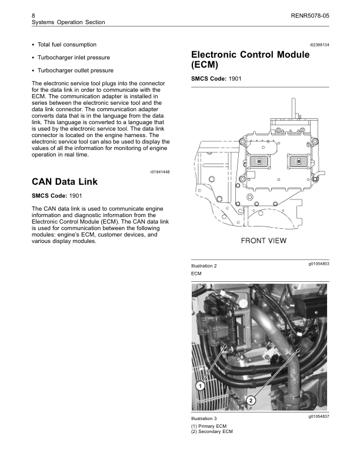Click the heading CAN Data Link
[x=64, y=182]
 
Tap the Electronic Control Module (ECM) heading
[x=251, y=59]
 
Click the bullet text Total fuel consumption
[x=66, y=45]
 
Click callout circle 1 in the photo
[x=199, y=386]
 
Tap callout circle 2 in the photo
[x=251, y=400]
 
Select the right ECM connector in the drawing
[x=298, y=161]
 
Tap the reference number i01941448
[x=160, y=171]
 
